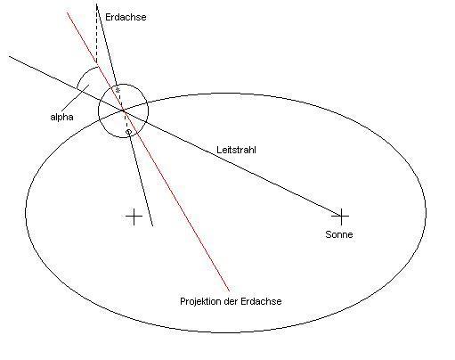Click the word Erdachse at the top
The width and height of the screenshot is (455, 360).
126,17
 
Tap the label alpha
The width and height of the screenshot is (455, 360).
61,118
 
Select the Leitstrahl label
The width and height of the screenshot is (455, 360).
236,150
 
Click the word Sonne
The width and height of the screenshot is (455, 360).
339,234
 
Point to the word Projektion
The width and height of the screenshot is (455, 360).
200,301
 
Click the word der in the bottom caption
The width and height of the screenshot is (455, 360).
231,301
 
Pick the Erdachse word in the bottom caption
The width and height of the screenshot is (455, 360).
261,301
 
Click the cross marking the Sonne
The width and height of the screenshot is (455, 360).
341,217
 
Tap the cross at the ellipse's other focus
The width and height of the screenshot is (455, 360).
134,217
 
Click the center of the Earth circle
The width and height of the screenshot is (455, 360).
123,110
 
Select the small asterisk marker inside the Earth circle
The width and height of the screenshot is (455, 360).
118,90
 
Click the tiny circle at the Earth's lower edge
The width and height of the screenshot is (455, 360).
128,132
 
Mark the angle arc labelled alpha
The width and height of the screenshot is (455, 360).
82,73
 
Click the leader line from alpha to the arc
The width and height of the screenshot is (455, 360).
77,98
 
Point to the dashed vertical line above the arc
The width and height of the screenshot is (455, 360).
97,33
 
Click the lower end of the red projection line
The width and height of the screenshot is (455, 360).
229,290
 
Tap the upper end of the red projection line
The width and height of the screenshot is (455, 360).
67,12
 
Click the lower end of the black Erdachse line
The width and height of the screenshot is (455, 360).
152,226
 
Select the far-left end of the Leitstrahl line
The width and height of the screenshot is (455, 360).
10,56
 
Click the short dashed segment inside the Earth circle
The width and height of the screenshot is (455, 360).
126,120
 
